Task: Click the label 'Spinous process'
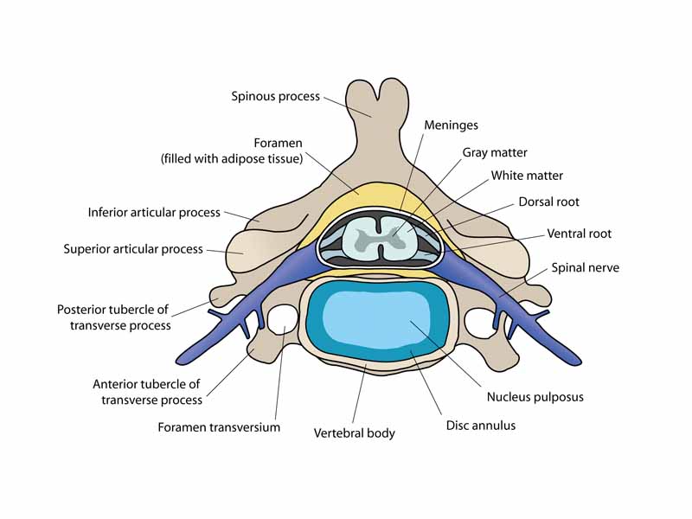point(275,96)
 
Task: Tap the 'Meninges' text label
point(451,125)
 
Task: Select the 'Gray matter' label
point(495,152)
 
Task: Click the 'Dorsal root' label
point(548,202)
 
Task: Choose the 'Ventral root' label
point(579,234)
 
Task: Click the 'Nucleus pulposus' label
point(535,397)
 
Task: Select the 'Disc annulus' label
point(482,426)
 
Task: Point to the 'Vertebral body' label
point(354,432)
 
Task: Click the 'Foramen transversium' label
point(219,426)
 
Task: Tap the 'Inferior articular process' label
point(154,212)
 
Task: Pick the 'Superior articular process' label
point(133,249)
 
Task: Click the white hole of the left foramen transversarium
point(281,320)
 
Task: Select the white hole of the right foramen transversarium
point(479,322)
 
